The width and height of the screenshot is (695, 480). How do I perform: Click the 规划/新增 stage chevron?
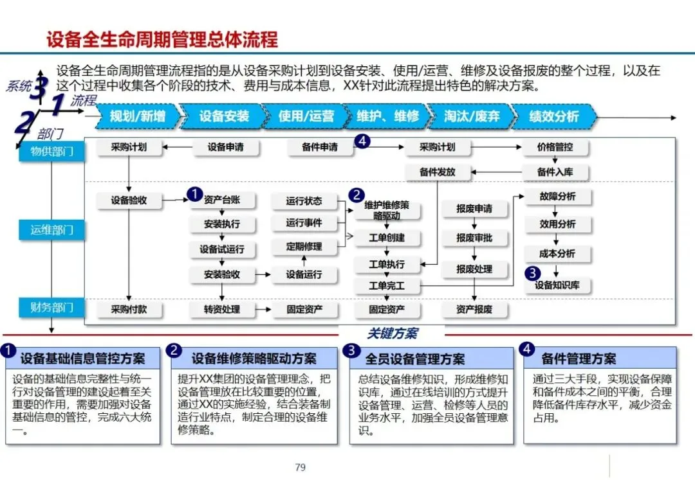pyautogui.click(x=136, y=117)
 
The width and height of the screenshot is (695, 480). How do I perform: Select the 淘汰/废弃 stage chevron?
pyautogui.click(x=471, y=117)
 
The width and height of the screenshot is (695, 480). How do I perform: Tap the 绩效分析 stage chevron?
pyautogui.click(x=553, y=117)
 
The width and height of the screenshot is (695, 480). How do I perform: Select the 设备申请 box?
pyautogui.click(x=225, y=147)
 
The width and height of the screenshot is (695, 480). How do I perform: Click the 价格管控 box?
pyautogui.click(x=555, y=147)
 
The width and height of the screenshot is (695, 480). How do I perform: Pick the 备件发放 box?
pyautogui.click(x=437, y=172)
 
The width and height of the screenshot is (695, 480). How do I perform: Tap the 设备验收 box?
pyautogui.click(x=129, y=200)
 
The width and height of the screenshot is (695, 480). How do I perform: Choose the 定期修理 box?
pyautogui.click(x=304, y=246)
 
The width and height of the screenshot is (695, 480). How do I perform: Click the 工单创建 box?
pyautogui.click(x=387, y=238)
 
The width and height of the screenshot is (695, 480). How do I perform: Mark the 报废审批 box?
pyautogui.click(x=474, y=238)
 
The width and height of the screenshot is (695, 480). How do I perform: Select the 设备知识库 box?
pyautogui.click(x=557, y=285)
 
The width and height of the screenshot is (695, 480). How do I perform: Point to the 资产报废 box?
pyautogui.click(x=474, y=309)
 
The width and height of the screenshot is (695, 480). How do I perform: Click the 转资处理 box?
pyautogui.click(x=222, y=309)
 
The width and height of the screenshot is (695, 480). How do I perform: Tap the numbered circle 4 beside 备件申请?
pyautogui.click(x=363, y=141)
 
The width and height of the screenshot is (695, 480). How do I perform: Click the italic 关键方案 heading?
pyautogui.click(x=392, y=334)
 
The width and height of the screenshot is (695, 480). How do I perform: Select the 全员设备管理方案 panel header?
pyautogui.click(x=431, y=359)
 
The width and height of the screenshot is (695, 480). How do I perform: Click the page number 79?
pyautogui.click(x=300, y=467)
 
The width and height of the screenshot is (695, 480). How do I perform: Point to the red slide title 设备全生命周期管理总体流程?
pyautogui.click(x=162, y=39)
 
